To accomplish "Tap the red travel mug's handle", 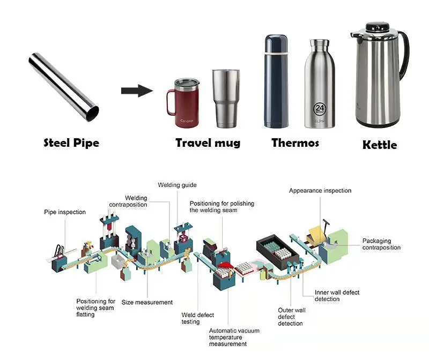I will (x=170, y=102).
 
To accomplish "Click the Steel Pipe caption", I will (x=71, y=143).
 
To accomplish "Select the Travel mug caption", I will (x=208, y=143).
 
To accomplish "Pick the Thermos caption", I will (x=295, y=143).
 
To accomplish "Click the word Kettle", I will (x=380, y=145).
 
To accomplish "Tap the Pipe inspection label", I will (x=64, y=212).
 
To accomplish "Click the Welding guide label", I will (x=177, y=185).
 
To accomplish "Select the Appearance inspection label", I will (x=320, y=191).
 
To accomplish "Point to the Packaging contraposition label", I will (x=381, y=244).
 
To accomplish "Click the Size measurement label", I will (x=147, y=303).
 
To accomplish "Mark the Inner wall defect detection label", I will (x=337, y=296).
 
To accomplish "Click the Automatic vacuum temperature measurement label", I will (x=234, y=337).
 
